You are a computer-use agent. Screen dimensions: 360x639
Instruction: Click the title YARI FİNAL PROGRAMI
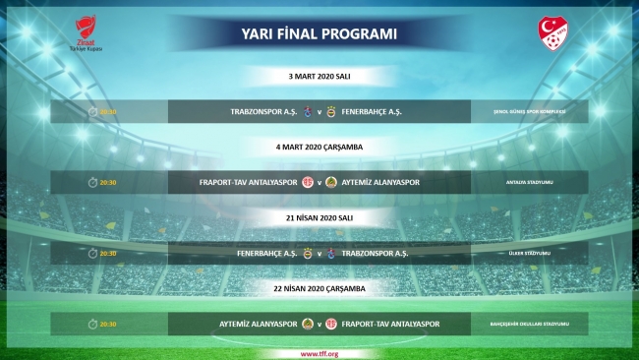pyautogui.click(x=319, y=34)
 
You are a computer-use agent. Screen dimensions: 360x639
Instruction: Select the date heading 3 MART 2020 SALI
pyautogui.click(x=319, y=75)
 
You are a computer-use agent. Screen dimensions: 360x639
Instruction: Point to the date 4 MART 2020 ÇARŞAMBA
pyautogui.click(x=319, y=147)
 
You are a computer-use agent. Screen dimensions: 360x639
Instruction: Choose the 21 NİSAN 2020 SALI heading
pyautogui.click(x=319, y=217)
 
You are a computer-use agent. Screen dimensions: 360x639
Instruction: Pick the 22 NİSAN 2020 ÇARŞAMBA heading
pyautogui.click(x=319, y=288)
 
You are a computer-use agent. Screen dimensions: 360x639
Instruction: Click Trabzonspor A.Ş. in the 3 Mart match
pyautogui.click(x=261, y=111)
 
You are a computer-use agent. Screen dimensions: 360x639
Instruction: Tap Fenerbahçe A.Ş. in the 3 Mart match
pyautogui.click(x=375, y=111)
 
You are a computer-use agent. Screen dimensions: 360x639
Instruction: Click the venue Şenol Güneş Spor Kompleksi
pyautogui.click(x=529, y=112)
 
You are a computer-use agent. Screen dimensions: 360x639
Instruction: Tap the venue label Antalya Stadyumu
pyautogui.click(x=529, y=183)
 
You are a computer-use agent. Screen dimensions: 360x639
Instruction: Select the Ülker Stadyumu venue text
pyautogui.click(x=529, y=254)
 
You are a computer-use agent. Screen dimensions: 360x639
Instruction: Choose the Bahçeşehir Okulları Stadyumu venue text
pyautogui.click(x=529, y=325)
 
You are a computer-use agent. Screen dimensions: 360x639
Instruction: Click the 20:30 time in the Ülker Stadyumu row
pyautogui.click(x=108, y=254)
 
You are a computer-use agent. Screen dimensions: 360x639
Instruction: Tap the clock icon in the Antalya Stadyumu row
pyautogui.click(x=92, y=183)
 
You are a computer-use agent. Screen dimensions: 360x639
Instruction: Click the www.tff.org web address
pyautogui.click(x=319, y=352)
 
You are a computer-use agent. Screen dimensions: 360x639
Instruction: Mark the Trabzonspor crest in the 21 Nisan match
pyautogui.click(x=330, y=253)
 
